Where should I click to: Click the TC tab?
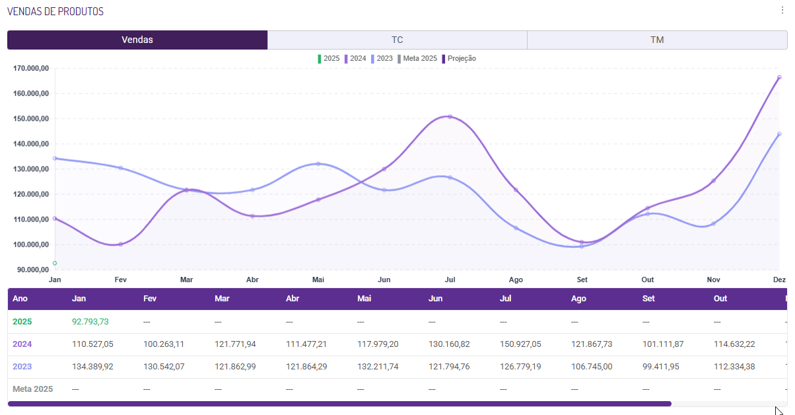[397, 40]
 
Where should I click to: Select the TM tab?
[657, 40]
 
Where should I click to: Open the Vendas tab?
[137, 40]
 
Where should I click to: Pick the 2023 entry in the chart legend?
[382, 58]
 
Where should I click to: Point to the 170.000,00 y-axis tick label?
[32, 68]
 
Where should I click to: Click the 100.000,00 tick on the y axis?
[32, 245]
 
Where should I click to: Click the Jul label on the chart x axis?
[450, 280]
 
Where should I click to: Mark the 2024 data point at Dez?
[779, 77]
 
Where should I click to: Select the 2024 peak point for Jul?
[450, 117]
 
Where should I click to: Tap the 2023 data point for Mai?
[318, 164]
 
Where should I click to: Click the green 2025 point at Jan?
[55, 263]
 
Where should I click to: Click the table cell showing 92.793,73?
[90, 322]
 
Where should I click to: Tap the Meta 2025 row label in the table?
[33, 389]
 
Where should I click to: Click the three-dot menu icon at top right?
[782, 11]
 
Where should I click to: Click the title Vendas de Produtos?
[55, 12]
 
